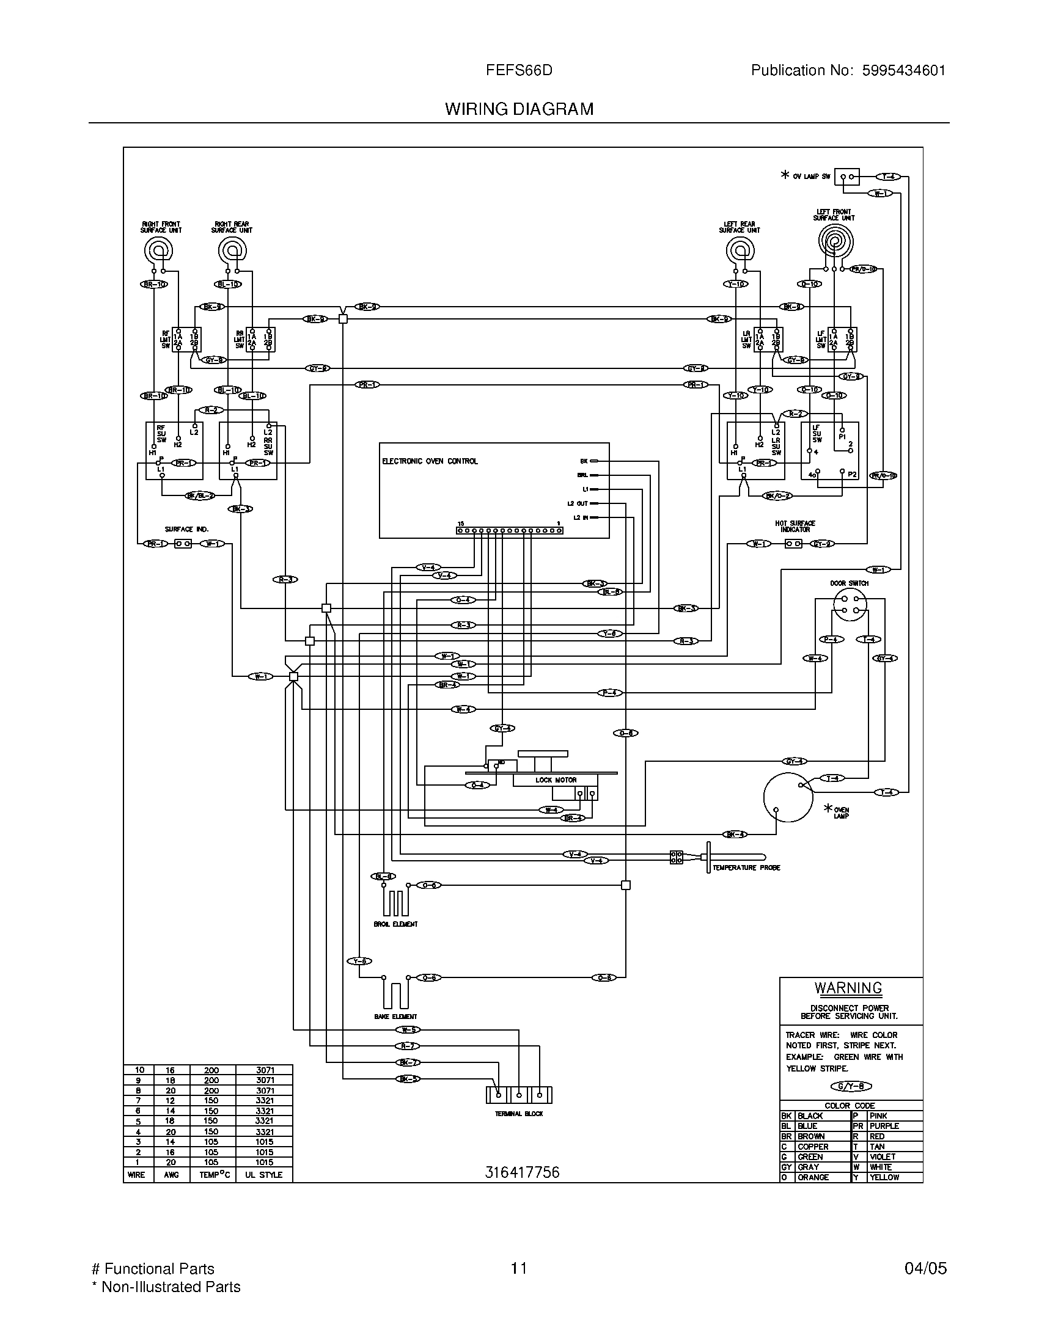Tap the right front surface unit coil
[x=158, y=250]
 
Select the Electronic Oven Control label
[x=430, y=461]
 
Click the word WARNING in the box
[x=848, y=988]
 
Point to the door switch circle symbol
[x=850, y=604]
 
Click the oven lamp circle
[x=788, y=797]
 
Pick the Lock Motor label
[x=555, y=780]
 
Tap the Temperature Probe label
[x=746, y=867]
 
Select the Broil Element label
[x=395, y=924]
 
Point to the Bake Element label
[x=395, y=1017]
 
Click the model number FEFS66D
[x=519, y=71]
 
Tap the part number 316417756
[x=522, y=1172]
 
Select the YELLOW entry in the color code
[x=884, y=1177]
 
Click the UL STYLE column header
[x=263, y=1175]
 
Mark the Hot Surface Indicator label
[x=795, y=526]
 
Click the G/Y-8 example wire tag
[x=851, y=1086]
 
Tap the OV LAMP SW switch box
[x=846, y=177]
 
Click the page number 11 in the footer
[x=519, y=1268]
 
